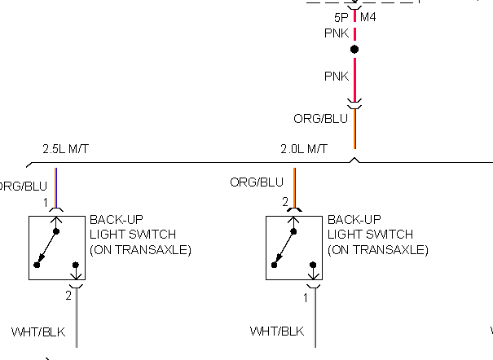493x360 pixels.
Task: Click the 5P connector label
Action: (341, 17)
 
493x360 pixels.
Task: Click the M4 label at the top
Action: (368, 17)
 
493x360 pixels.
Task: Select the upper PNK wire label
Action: (337, 34)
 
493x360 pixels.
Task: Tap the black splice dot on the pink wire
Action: (354, 50)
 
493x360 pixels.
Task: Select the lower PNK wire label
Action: (337, 77)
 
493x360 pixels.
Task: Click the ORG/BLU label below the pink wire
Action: (320, 119)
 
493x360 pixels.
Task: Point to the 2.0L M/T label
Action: (304, 149)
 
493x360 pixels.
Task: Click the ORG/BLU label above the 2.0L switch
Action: (257, 182)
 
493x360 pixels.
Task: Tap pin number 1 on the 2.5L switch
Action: (46, 202)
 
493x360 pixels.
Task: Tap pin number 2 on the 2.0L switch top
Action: (284, 202)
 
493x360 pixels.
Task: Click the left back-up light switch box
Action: (58, 248)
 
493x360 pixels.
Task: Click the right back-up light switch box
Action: (296, 248)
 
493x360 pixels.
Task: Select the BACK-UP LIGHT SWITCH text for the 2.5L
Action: (140, 235)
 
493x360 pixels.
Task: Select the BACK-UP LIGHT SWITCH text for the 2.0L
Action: (378, 235)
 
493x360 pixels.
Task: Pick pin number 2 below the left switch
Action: (69, 297)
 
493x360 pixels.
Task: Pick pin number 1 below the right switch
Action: (306, 297)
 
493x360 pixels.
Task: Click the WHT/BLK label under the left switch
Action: (38, 331)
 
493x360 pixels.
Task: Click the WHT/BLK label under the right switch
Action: (277, 331)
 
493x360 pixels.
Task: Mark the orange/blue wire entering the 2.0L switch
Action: (294, 187)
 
